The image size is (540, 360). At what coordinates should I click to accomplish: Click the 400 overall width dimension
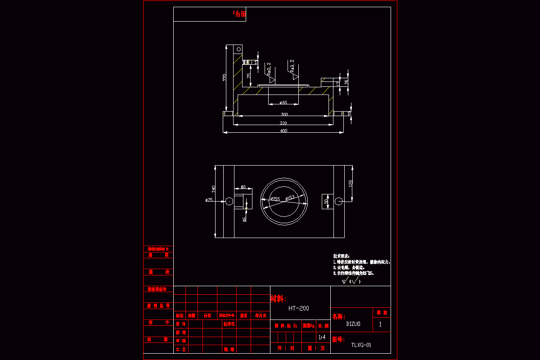[x=283, y=131]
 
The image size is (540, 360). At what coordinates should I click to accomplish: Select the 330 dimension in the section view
[x=283, y=123]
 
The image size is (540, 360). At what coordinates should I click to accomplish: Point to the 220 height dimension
[x=225, y=78]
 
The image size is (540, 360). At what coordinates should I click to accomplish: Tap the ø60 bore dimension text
[x=283, y=103]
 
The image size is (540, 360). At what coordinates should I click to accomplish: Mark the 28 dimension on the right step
[x=346, y=81]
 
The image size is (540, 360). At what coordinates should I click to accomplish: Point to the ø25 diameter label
[x=209, y=200]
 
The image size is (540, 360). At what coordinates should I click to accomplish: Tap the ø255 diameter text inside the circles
[x=275, y=199]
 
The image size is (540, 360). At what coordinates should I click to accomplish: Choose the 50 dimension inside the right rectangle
[x=325, y=201]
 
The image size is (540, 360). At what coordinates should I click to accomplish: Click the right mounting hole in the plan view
[x=339, y=201]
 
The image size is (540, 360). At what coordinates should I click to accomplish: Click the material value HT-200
[x=299, y=308]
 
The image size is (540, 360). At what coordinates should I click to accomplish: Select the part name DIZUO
[x=353, y=323]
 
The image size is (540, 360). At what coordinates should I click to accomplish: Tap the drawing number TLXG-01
[x=361, y=345]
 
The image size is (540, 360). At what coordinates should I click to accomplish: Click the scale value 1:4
[x=322, y=337]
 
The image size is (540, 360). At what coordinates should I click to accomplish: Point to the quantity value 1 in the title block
[x=381, y=324]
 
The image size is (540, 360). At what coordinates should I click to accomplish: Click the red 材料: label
[x=278, y=299]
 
